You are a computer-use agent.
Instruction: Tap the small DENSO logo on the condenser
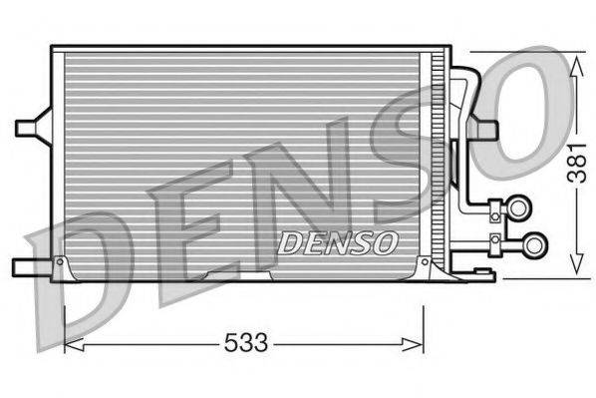pos(338,241)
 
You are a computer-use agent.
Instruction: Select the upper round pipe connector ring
pos(519,207)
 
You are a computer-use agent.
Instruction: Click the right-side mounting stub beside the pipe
pos(485,129)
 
